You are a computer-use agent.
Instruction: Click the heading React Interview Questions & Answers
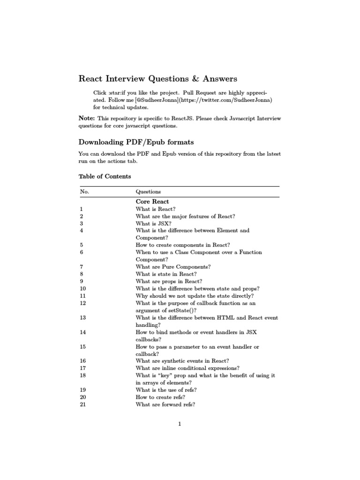pos(157,78)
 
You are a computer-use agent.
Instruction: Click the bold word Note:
pos(86,119)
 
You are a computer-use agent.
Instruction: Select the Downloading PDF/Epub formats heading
pos(136,142)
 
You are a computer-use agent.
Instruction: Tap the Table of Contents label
pos(105,177)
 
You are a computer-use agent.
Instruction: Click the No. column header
pos(84,192)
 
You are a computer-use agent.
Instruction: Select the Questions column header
pos(148,192)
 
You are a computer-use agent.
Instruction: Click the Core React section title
pos(152,202)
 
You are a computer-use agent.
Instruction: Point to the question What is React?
pos(155,209)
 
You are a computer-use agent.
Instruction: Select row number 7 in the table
pos(82,267)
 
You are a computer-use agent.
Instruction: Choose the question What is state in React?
pos(166,274)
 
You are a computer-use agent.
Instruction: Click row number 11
pos(83,296)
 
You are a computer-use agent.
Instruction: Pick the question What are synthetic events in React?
pos(182,361)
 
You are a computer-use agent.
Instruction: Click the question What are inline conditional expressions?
pos(187,368)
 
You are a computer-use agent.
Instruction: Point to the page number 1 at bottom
pos(179,424)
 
